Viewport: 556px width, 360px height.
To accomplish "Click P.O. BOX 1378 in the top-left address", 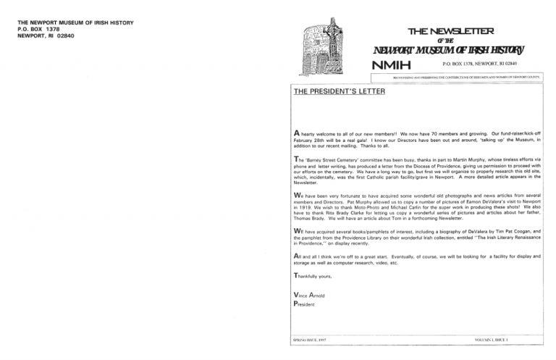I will point(35,29).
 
